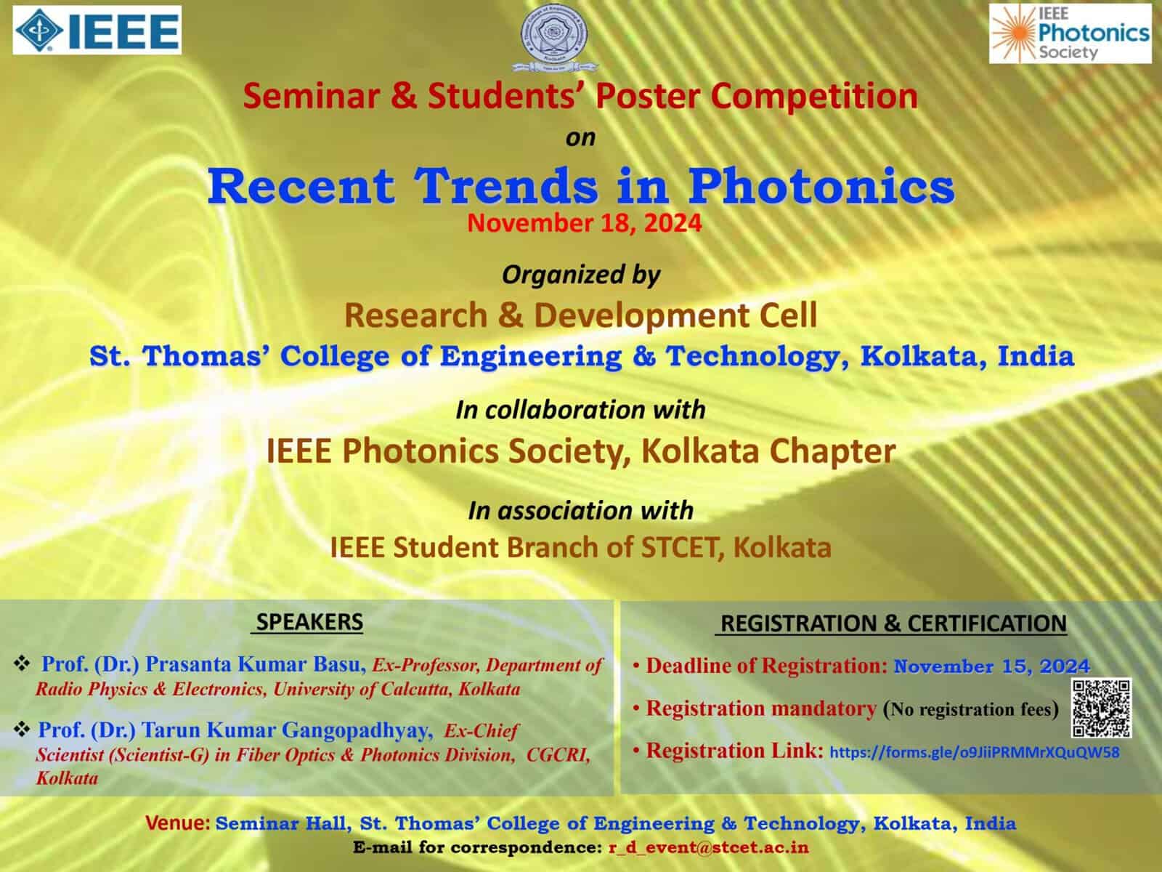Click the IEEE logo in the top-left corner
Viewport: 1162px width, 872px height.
97,31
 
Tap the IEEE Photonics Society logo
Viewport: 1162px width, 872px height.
1070,34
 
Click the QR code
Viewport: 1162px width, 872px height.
1101,708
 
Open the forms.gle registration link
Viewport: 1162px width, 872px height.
974,752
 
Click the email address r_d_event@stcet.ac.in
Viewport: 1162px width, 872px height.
708,847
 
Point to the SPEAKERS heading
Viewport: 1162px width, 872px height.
309,621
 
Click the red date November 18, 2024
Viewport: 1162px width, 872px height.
585,223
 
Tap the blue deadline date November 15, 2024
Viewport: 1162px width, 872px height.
991,666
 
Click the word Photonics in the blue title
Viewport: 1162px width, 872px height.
821,186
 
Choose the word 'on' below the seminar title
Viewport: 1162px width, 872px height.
581,137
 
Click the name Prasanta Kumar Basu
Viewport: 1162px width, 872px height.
256,664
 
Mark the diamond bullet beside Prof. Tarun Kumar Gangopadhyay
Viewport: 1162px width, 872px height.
22,730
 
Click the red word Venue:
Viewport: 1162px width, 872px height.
177,823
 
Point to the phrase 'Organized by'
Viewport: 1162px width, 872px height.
581,275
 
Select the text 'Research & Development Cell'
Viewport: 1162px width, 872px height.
581,315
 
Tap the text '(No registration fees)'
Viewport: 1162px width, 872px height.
971,709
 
